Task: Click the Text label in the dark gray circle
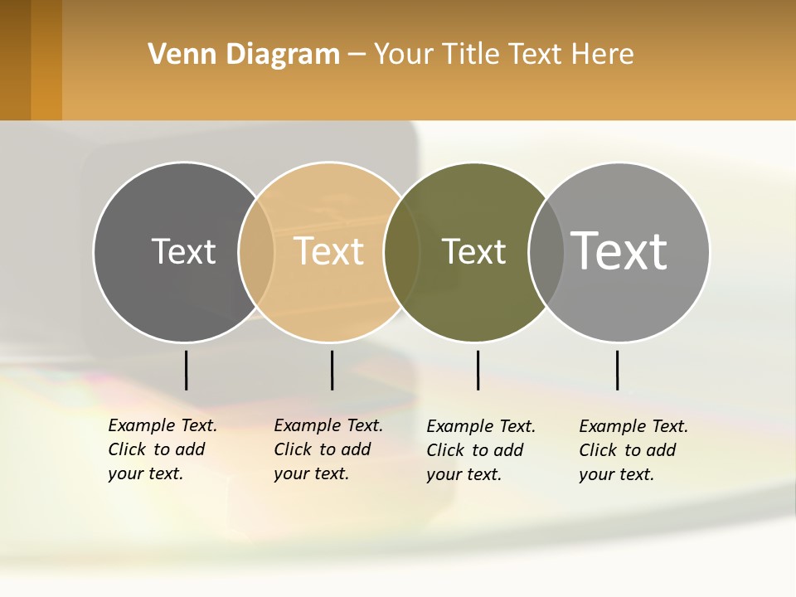(183, 251)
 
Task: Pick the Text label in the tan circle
(329, 251)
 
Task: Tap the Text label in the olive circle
(473, 251)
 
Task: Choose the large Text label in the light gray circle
(619, 251)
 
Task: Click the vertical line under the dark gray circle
(186, 370)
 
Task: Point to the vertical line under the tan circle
(332, 370)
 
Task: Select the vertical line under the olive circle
(478, 370)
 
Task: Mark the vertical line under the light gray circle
(617, 370)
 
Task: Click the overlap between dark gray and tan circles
(256, 251)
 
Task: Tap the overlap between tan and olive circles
(401, 251)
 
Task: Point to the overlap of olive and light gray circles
(546, 251)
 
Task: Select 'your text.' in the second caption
(311, 473)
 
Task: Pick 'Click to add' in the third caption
(475, 450)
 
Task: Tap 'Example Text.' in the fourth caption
(633, 426)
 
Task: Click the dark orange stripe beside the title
(46, 60)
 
